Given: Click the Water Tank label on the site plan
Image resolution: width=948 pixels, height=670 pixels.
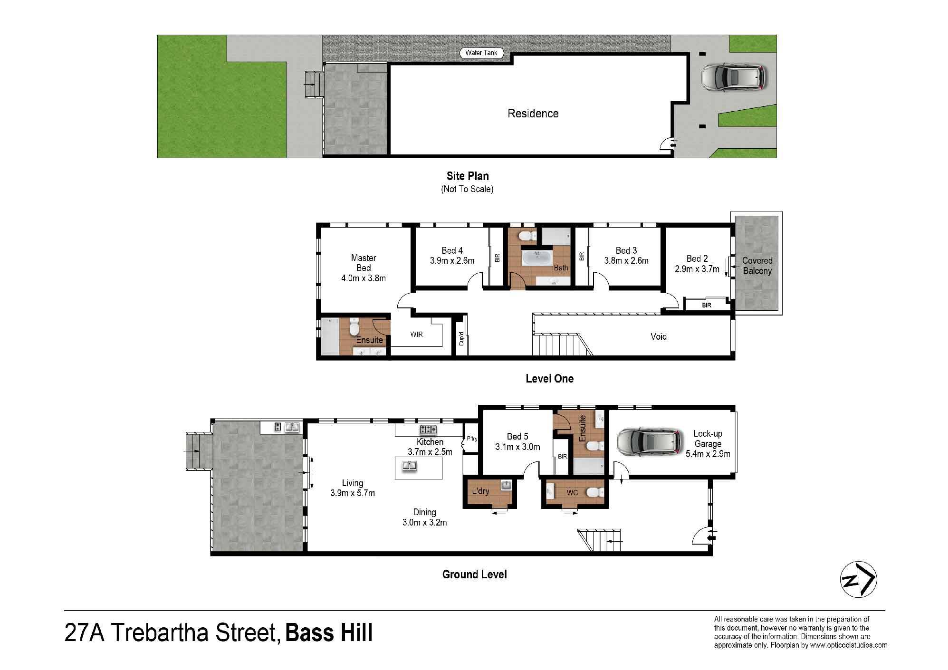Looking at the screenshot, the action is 481,53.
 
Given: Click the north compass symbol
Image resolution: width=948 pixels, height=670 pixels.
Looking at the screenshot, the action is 858,580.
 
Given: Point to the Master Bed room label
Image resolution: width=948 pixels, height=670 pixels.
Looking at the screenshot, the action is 364,263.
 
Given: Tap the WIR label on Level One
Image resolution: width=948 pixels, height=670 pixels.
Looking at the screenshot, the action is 416,335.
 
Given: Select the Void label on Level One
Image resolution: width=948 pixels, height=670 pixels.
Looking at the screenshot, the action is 659,336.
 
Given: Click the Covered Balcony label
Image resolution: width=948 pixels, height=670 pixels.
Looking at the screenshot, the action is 757,266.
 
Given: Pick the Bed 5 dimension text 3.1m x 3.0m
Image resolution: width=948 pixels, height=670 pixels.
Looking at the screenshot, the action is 517,447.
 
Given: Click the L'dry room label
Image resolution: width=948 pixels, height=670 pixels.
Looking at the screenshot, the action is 480,491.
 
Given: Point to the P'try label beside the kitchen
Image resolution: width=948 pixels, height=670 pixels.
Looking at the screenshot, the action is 472,439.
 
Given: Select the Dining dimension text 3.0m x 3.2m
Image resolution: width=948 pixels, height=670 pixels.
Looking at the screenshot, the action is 424,522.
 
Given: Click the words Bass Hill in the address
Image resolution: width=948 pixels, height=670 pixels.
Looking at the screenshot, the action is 329,633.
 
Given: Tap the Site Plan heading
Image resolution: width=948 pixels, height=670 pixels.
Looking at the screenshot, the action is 468,176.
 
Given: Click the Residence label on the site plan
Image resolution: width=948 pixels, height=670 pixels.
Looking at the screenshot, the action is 533,113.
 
